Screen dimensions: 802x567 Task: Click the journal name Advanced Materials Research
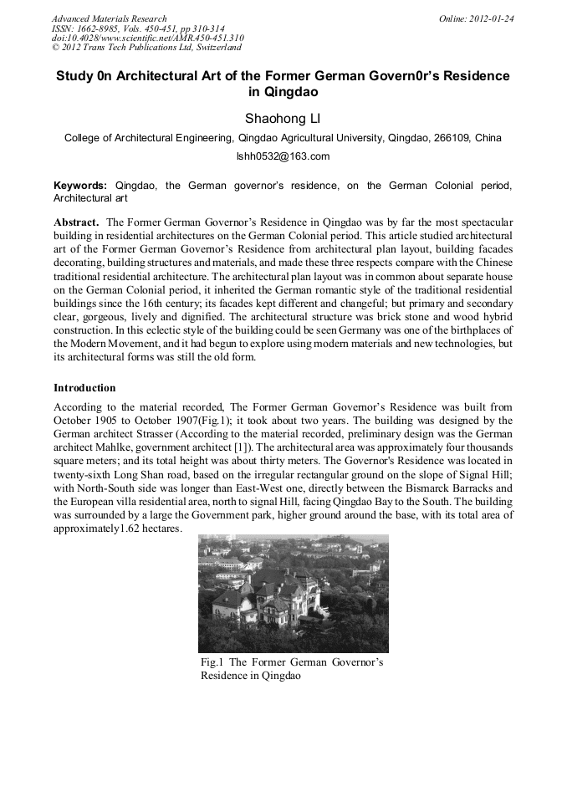click(109, 18)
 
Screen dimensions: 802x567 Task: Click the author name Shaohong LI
click(283, 117)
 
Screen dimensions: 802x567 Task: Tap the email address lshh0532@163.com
click(283, 156)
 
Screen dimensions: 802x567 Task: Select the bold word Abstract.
click(77, 222)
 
